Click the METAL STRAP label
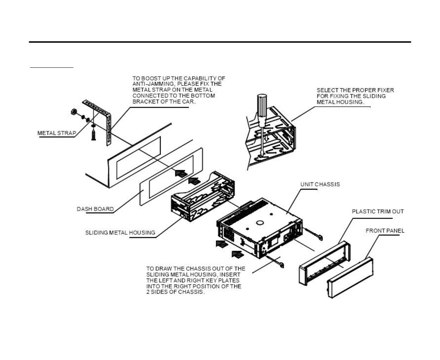pyautogui.click(x=56, y=133)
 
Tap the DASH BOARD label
pyautogui.click(x=95, y=209)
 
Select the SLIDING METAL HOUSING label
pyautogui.click(x=120, y=233)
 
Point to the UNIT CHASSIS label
pyautogui.click(x=320, y=184)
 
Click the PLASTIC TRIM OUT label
pyautogui.click(x=378, y=211)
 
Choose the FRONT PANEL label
pyautogui.click(x=385, y=231)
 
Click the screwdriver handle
pyautogui.click(x=261, y=109)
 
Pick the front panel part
pyautogui.click(x=350, y=277)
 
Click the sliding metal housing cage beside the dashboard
pyautogui.click(x=203, y=196)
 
